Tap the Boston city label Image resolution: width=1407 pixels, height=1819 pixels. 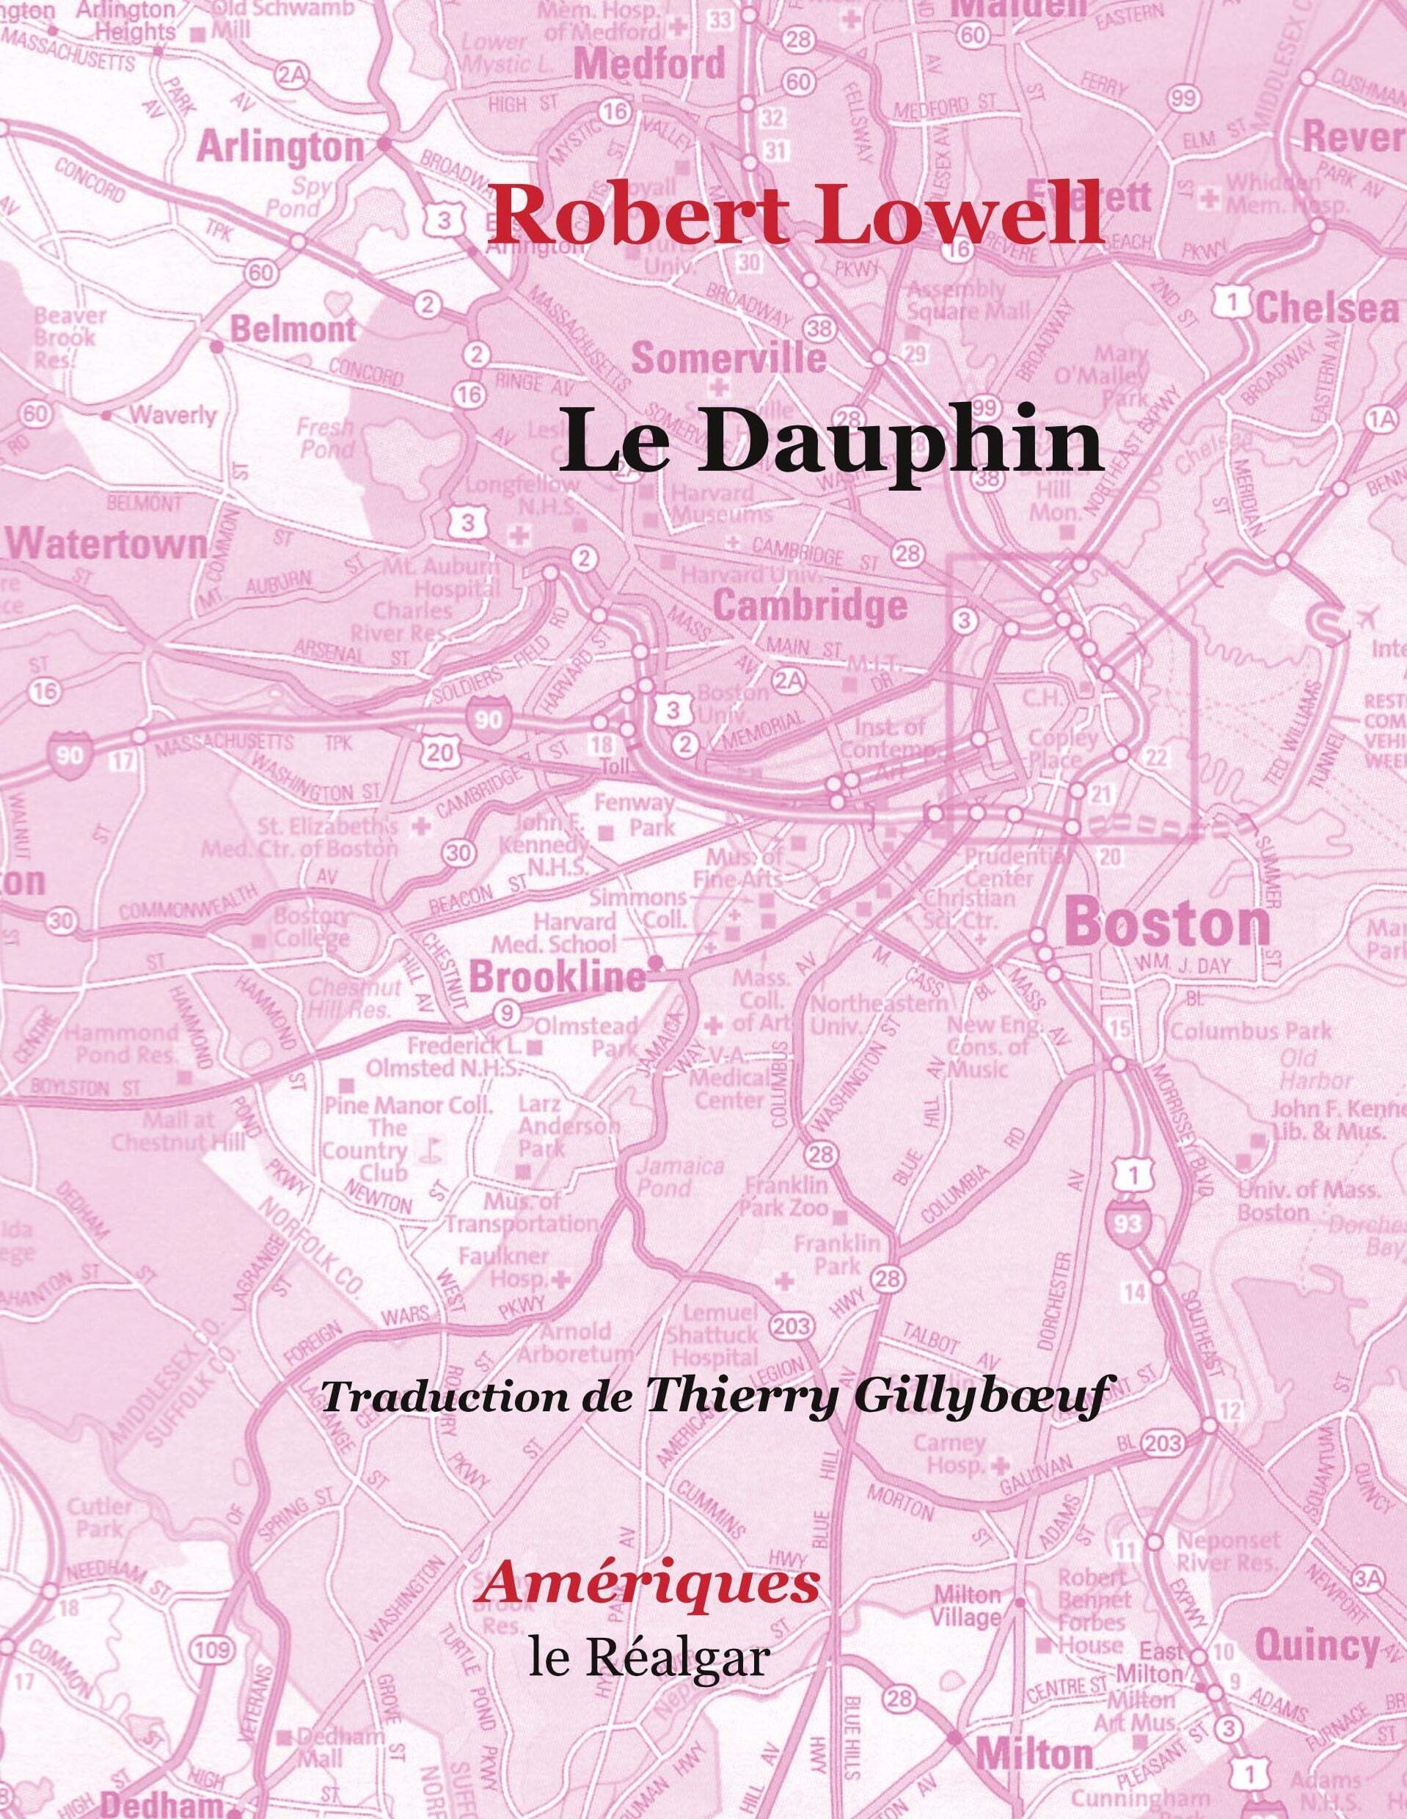[1166, 923]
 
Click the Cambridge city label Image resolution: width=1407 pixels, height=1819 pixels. [811, 607]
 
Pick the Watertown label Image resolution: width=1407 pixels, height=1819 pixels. [106, 546]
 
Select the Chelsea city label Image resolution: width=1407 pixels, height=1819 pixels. [1326, 309]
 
